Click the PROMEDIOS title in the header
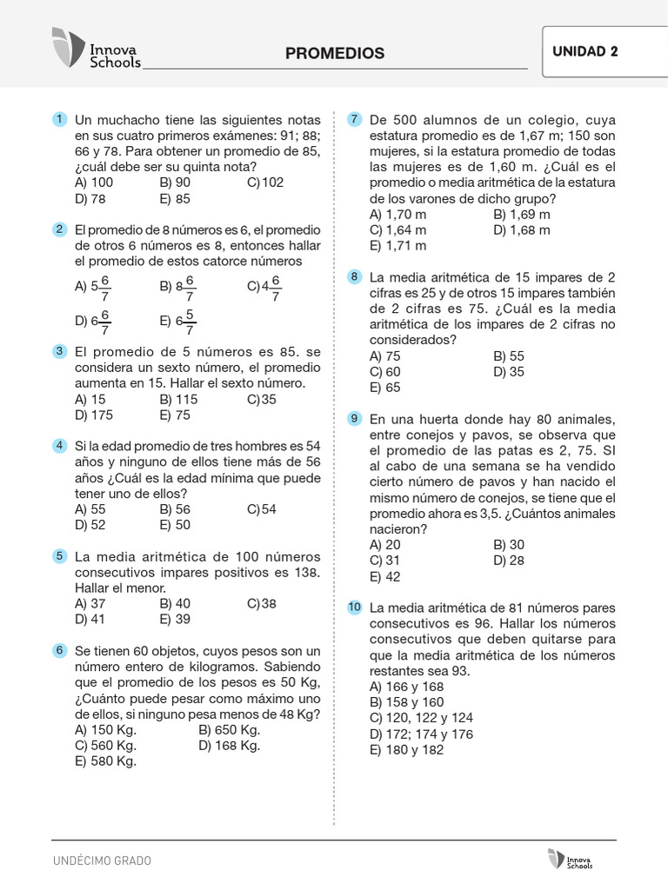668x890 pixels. pos(334,53)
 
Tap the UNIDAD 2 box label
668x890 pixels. pos(584,51)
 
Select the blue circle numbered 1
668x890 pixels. pos(59,119)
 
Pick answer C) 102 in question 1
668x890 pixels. pos(265,183)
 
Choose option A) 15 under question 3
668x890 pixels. pos(90,399)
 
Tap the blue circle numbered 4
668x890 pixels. pos(59,445)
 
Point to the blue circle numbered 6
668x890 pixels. pos(59,650)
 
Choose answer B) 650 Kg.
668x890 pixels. pos(230,729)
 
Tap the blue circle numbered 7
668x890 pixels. pos(354,119)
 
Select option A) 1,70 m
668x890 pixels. pos(397,214)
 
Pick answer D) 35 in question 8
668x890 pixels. pos(509,372)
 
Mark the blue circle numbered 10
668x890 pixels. pos(354,607)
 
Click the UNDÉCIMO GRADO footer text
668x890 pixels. pos(102,860)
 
